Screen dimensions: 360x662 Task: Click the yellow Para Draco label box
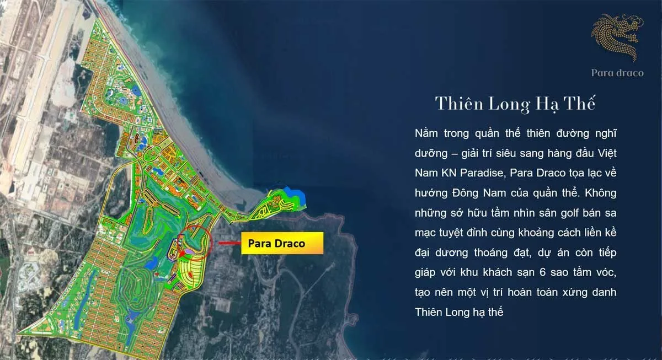pos(281,243)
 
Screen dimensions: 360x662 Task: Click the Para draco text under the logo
pos(617,73)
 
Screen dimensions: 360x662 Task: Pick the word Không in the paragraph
pos(599,193)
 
